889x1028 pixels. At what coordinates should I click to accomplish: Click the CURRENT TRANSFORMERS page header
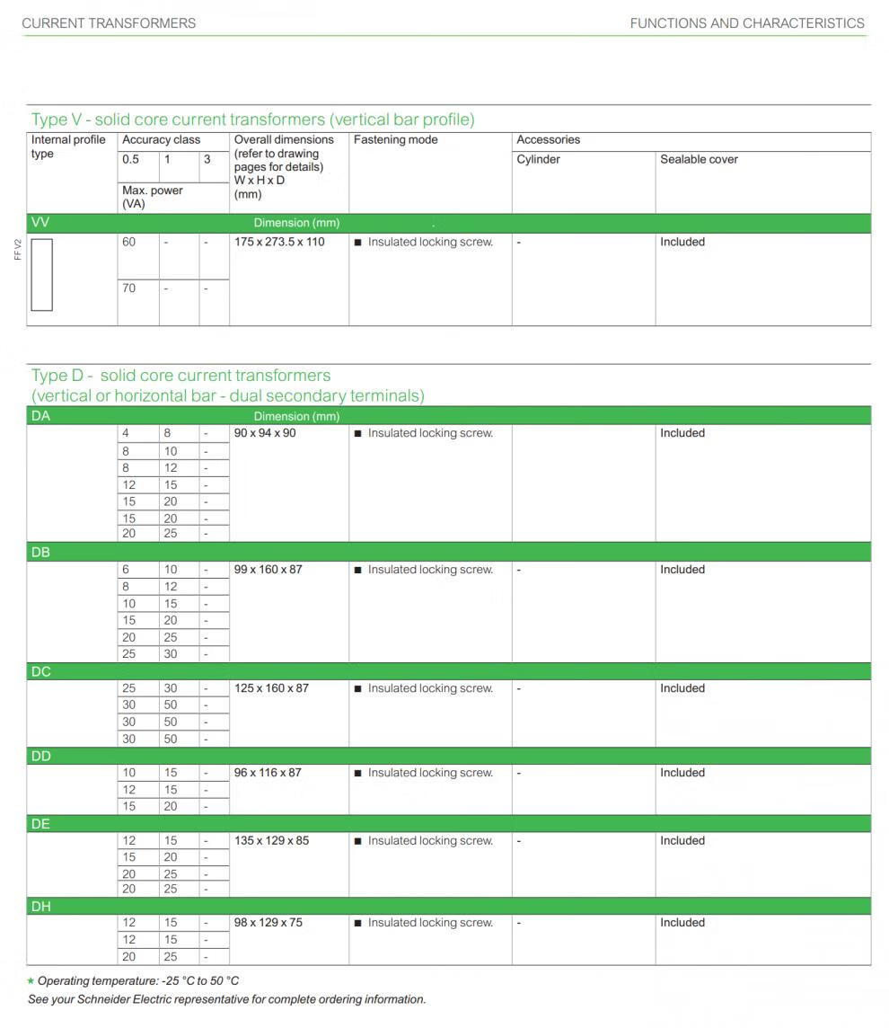[109, 23]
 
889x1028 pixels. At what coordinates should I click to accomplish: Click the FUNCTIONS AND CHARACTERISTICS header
[747, 23]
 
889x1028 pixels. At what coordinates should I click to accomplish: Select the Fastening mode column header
[396, 140]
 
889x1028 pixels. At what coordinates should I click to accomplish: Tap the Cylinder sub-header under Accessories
[538, 160]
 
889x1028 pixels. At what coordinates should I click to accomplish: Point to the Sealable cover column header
[699, 160]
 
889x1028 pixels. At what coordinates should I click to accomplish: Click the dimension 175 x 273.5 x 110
[279, 243]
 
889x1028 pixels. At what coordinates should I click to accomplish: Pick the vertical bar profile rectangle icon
[42, 274]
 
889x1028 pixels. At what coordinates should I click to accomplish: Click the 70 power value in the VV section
[129, 288]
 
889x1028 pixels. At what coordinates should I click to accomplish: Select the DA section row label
[41, 416]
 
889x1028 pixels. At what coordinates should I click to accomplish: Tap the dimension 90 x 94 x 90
[265, 433]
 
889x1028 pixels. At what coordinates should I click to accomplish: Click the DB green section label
[41, 553]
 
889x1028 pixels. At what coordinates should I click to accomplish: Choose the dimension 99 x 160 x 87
[268, 570]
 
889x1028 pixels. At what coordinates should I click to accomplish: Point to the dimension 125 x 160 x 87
[271, 688]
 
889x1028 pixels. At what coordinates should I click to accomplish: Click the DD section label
[41, 757]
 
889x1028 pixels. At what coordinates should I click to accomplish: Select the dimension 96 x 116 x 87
[268, 773]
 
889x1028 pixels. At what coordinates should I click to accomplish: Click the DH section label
[41, 907]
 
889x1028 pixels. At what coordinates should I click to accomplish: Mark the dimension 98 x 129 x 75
[268, 923]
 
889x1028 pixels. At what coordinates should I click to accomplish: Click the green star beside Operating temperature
[31, 981]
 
